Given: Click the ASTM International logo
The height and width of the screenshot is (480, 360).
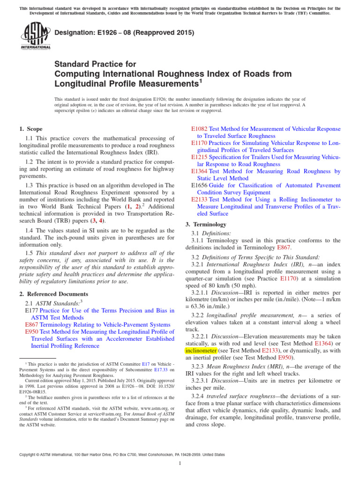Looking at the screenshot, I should coord(35,37).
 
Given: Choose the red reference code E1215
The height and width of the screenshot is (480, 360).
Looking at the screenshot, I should coord(199,157).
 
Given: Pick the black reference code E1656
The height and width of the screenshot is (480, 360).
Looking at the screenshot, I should coord(199,186).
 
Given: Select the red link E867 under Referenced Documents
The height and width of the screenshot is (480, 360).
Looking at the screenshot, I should coord(31,324).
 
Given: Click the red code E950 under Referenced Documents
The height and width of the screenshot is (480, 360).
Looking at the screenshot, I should coord(31,331).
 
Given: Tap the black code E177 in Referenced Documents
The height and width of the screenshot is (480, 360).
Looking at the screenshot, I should coord(31,310).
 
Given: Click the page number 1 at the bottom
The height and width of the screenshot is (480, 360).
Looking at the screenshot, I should coord(180,464).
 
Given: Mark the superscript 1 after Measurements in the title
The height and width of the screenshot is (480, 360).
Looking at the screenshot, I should coord(199,82).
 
